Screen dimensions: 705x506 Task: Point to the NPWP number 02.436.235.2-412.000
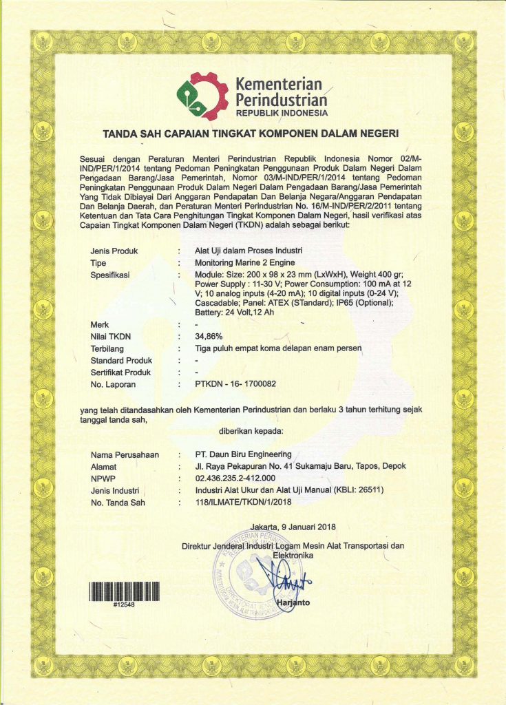[235, 478]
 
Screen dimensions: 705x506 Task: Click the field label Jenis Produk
[114, 251]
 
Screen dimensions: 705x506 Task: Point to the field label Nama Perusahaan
[125, 454]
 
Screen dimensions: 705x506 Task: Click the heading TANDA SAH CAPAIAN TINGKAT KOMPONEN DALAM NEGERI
[251, 133]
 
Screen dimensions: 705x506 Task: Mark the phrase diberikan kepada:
[250, 432]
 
